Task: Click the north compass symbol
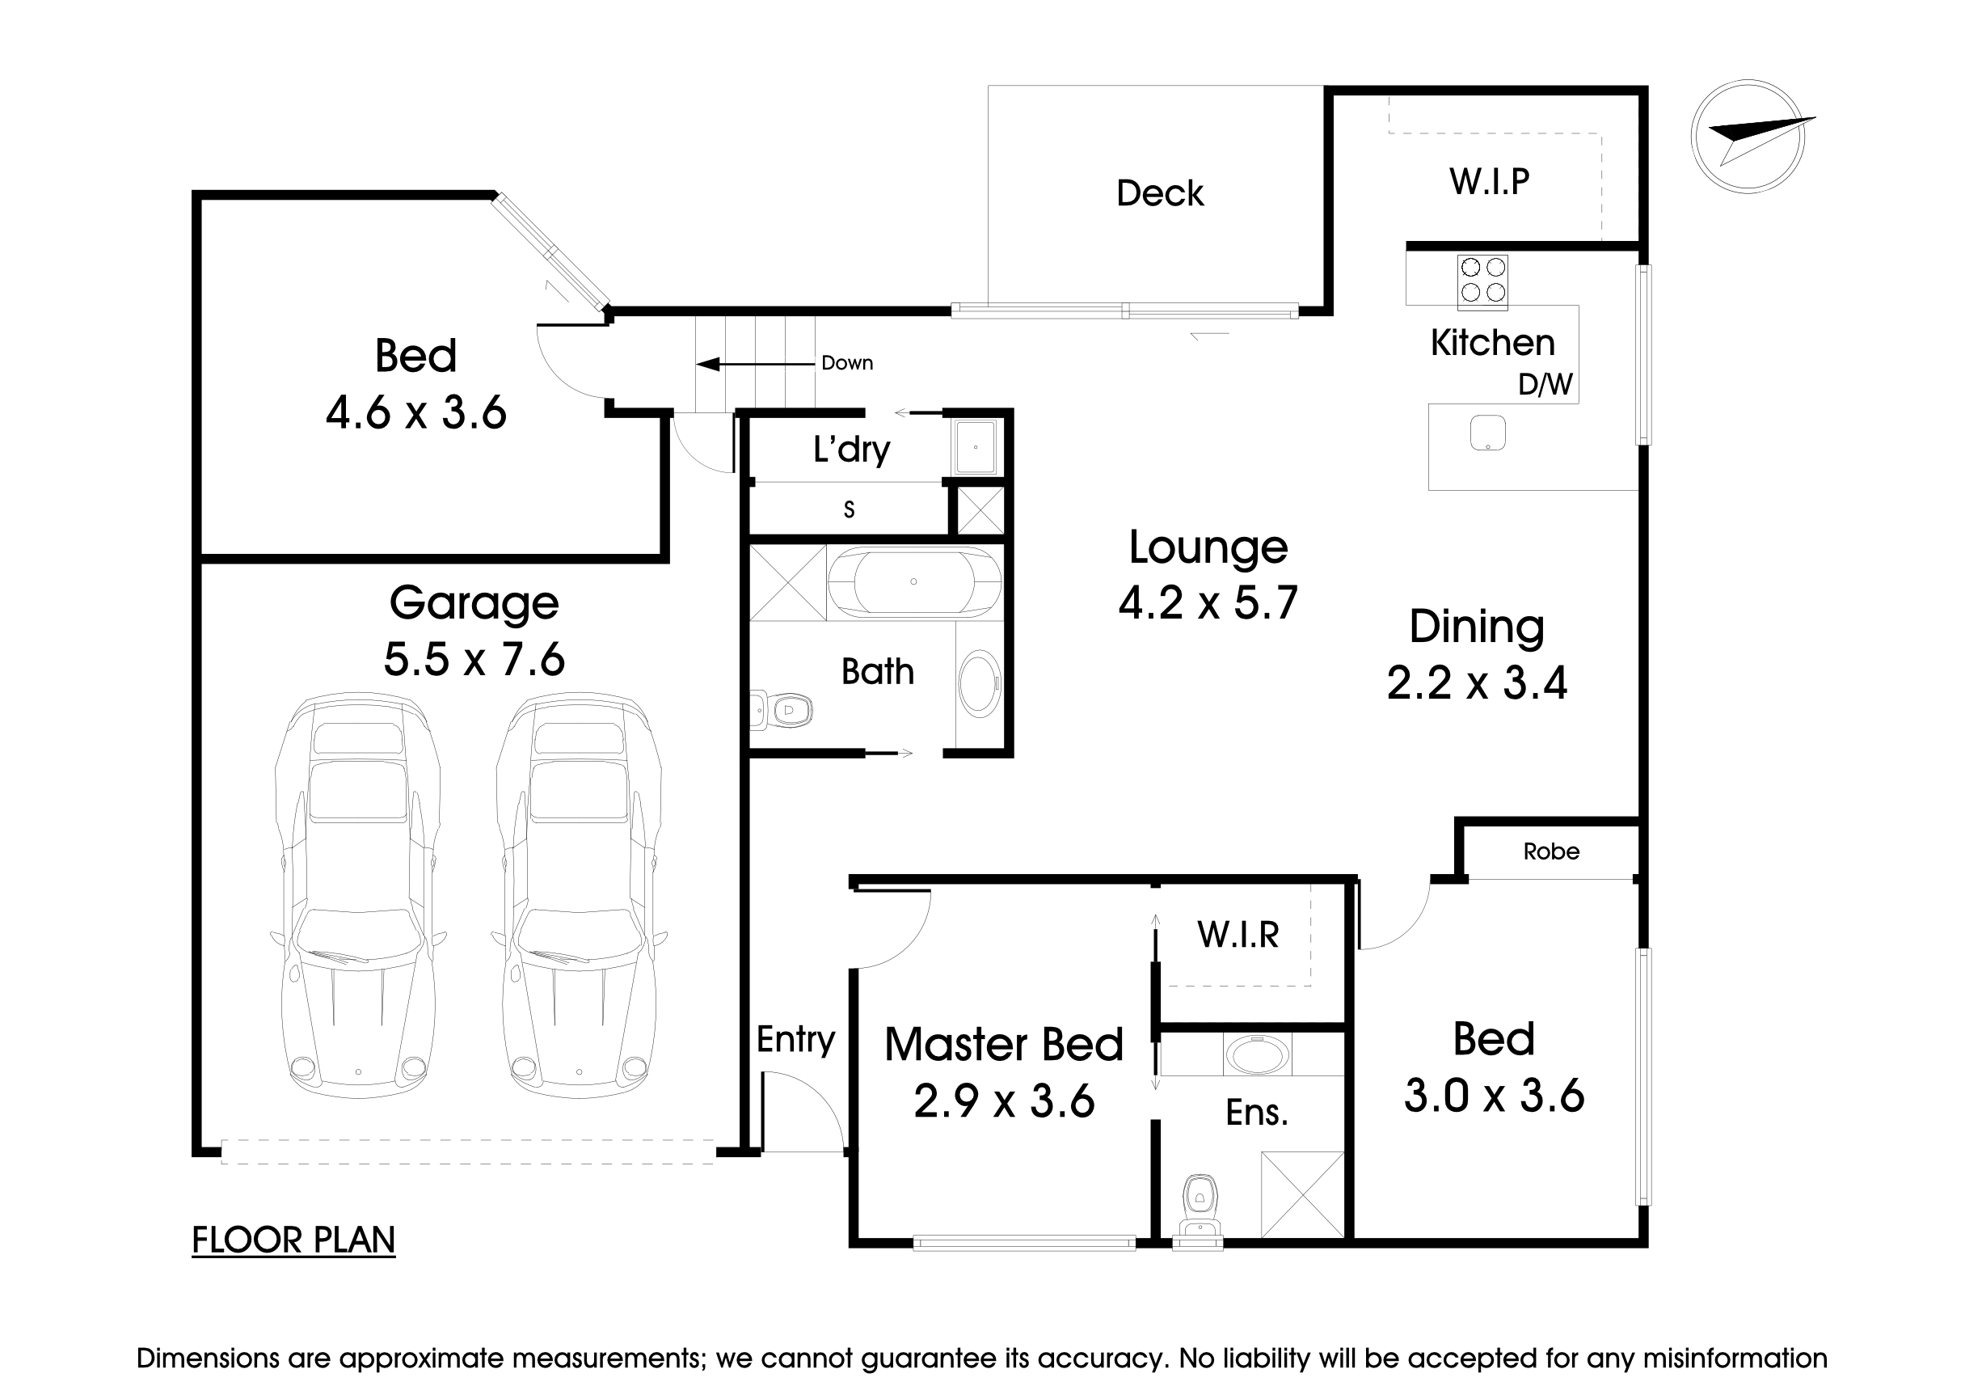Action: pos(1748,137)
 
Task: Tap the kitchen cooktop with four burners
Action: pos(1482,281)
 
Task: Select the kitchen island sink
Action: pos(1487,433)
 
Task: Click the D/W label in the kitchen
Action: pos(1545,384)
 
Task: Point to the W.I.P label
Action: pos(1489,181)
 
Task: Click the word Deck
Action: pos(1160,193)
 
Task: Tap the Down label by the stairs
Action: pos(846,363)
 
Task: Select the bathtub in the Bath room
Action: pos(913,582)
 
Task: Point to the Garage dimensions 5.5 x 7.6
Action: pos(474,659)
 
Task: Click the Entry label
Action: pos(795,1039)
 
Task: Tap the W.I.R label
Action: pos(1238,935)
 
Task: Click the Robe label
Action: pos(1551,851)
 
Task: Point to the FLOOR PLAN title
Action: pos(293,1240)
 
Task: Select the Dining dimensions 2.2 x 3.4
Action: pos(1476,683)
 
